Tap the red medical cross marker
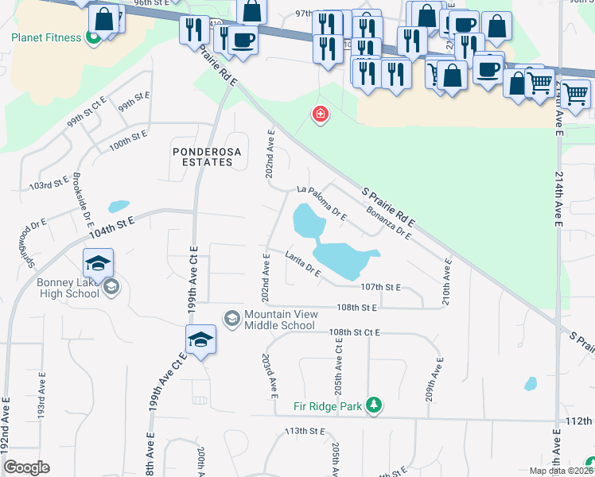click(x=320, y=115)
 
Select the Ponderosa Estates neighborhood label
click(x=203, y=156)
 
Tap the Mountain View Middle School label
click(x=279, y=320)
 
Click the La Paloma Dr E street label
click(x=322, y=202)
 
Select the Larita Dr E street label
click(x=303, y=264)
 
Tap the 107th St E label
click(x=380, y=287)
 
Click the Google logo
click(x=26, y=467)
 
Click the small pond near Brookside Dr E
click(x=119, y=206)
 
